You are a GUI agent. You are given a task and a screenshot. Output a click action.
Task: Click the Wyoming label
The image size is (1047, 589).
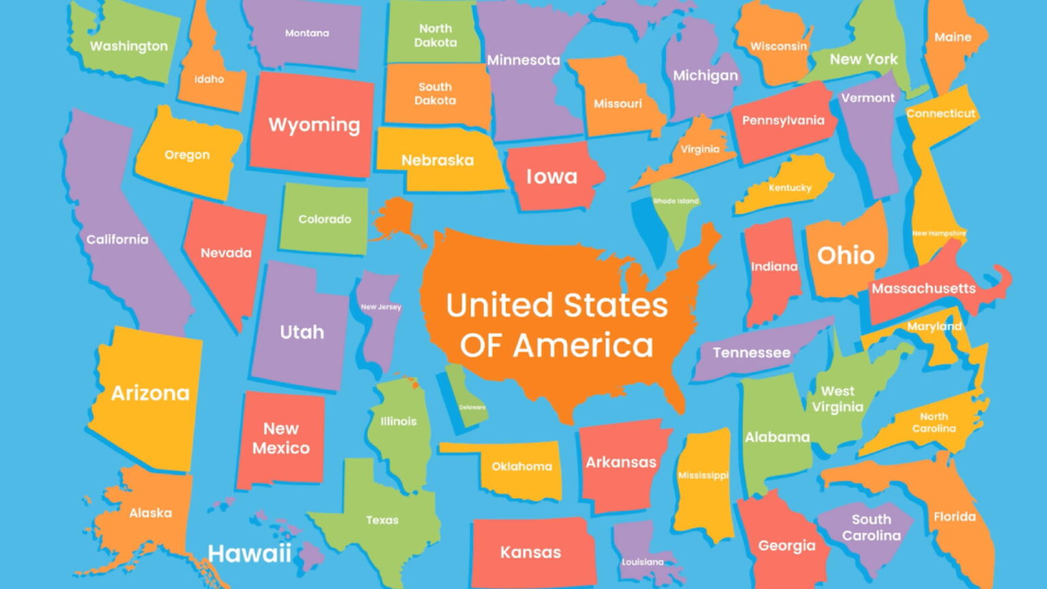(314, 125)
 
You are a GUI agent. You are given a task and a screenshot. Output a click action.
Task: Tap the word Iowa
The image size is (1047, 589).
(551, 177)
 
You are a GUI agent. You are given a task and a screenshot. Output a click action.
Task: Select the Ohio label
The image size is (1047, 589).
(845, 256)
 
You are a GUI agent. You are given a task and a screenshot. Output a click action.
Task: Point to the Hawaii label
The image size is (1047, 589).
(249, 553)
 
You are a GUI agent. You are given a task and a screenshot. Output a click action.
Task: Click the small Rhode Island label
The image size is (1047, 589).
(676, 201)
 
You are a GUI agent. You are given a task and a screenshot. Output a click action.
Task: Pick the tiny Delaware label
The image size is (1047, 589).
(472, 408)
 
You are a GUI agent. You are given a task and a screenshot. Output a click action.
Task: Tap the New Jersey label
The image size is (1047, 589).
(380, 307)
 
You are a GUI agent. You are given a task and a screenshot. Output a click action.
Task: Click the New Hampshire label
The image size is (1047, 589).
(939, 233)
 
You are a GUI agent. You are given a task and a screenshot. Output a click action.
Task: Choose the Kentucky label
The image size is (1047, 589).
(790, 187)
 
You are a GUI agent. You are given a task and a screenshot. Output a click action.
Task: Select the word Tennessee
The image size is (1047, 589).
(751, 352)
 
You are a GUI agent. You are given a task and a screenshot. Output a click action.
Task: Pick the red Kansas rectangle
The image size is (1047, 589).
(530, 552)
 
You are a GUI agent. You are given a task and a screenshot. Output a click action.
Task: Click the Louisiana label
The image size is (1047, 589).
(642, 562)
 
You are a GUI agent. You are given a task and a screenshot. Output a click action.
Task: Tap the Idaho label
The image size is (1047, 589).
(209, 79)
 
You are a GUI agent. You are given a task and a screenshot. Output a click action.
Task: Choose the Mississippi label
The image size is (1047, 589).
(703, 475)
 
